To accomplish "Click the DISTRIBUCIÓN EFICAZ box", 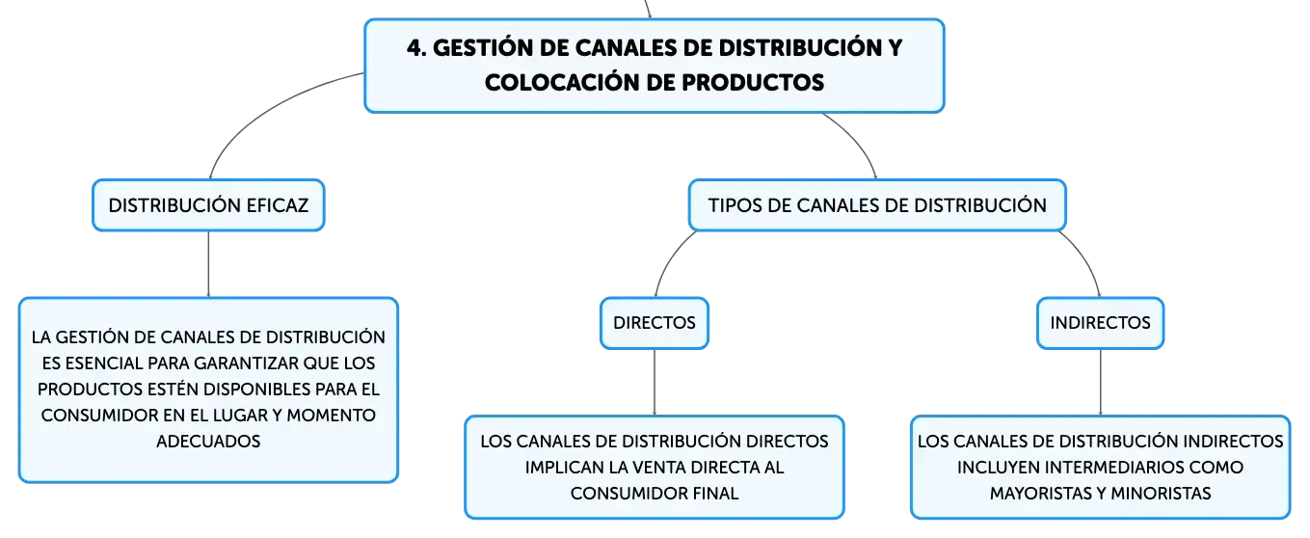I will [x=207, y=205].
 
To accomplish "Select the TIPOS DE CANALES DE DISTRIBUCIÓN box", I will [x=876, y=205].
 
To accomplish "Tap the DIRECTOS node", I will [x=655, y=323].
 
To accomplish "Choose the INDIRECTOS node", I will [x=1100, y=323].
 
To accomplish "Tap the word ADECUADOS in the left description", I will [x=208, y=442].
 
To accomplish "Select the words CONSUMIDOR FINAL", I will [x=655, y=493].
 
